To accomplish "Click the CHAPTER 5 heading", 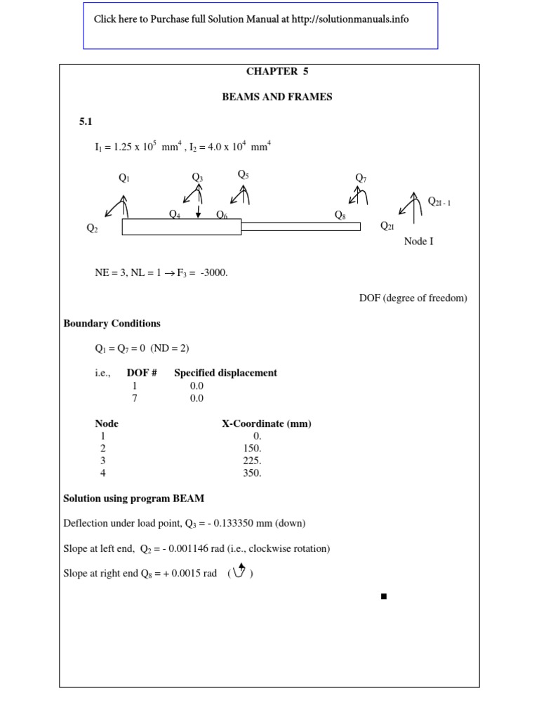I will (277, 72).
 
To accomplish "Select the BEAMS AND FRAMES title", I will (277, 97).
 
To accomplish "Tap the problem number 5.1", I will (86, 122).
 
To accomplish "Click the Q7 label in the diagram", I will (361, 178).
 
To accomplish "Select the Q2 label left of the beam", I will (92, 228).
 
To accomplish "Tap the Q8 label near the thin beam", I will (340, 216).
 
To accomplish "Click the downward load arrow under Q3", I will (199, 211).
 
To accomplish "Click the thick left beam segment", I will (182, 227).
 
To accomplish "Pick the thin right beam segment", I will (301, 226).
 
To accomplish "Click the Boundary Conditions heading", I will (112, 324).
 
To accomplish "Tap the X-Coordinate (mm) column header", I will (267, 423).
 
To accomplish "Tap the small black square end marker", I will (384, 596).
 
